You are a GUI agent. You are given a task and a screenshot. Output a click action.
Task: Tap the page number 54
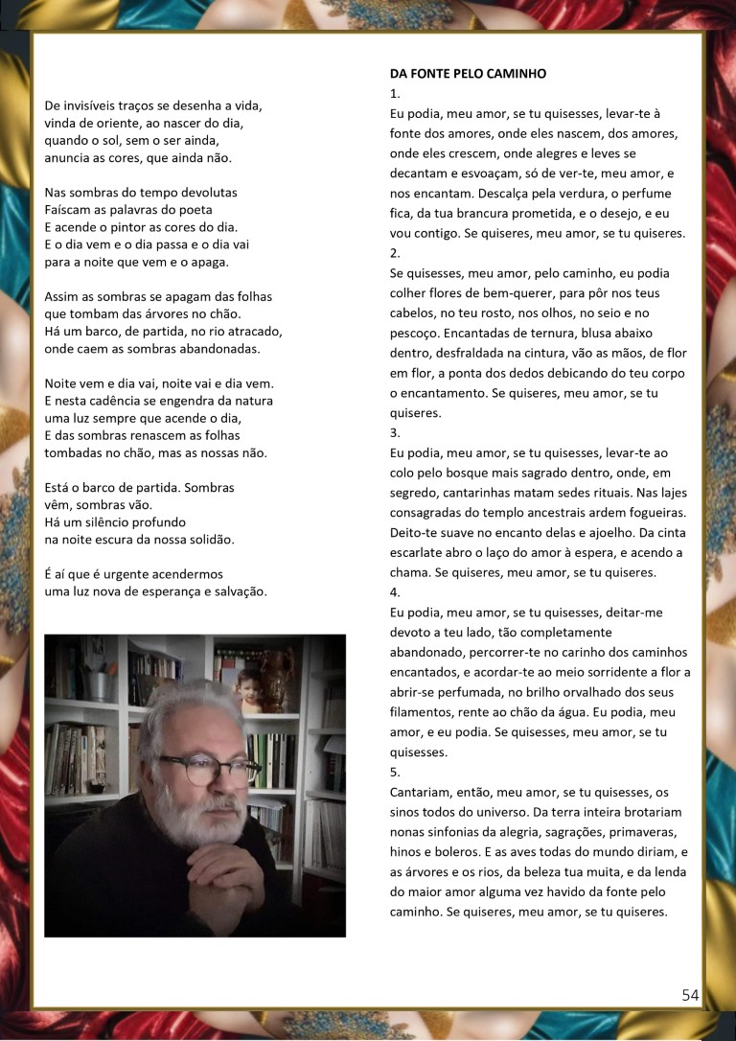(690, 995)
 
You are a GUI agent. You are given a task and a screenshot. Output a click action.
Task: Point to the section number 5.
(395, 772)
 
